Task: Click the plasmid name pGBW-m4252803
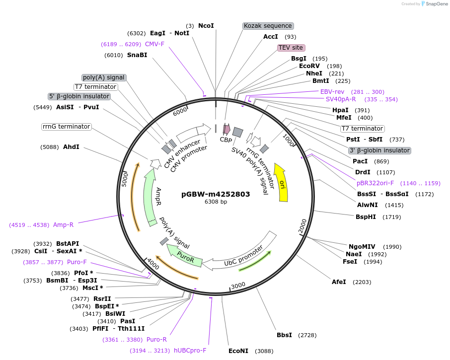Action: click(216, 194)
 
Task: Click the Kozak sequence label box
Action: click(268, 26)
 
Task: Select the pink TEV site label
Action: click(291, 48)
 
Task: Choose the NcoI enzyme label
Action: click(206, 26)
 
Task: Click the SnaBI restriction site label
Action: click(137, 55)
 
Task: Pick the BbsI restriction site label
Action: click(284, 335)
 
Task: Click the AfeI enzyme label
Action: click(339, 282)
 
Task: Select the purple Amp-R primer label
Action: click(63, 225)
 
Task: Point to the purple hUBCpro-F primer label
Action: click(190, 351)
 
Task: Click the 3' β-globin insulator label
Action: click(379, 150)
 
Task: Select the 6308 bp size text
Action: click(216, 202)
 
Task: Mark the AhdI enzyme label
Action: click(71, 147)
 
